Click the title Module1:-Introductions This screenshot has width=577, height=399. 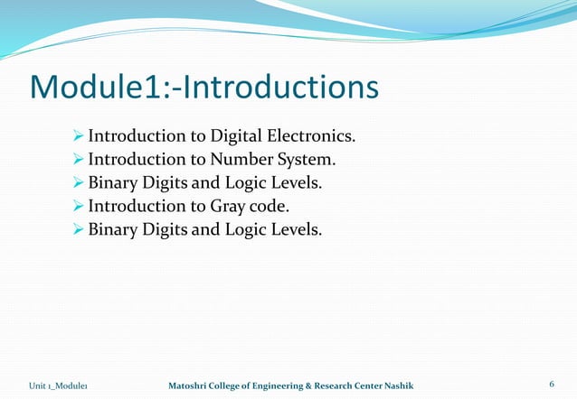coord(203,88)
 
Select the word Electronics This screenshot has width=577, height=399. coord(311,137)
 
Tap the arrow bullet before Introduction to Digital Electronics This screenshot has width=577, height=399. coord(78,137)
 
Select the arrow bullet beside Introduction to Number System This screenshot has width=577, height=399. coord(78,161)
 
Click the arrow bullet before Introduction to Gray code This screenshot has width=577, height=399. coord(78,207)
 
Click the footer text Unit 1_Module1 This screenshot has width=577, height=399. coord(62,386)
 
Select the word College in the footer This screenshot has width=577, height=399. coord(218,386)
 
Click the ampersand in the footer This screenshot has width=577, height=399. coord(307,386)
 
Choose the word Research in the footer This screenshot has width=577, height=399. coord(335,386)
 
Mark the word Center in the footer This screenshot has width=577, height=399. coord(373,386)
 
